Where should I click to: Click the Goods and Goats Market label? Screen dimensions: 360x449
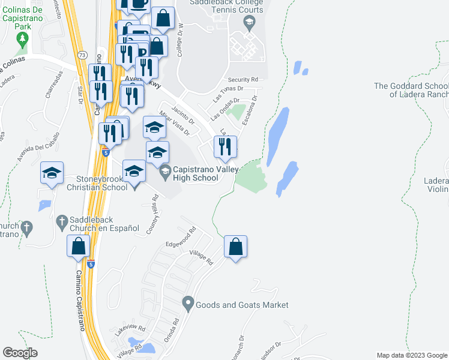[x=242, y=305]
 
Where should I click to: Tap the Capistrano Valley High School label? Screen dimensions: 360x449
[x=196, y=174]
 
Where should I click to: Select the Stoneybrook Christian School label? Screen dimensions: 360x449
[x=102, y=183]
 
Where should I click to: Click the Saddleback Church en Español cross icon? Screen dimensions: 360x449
[x=61, y=222]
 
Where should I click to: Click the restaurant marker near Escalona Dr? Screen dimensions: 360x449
[x=225, y=148]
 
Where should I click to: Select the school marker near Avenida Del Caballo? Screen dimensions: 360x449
[x=52, y=173]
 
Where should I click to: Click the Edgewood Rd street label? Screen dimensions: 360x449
[x=181, y=236]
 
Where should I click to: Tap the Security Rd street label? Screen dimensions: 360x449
[x=243, y=79]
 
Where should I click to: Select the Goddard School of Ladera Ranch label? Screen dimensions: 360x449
[x=411, y=90]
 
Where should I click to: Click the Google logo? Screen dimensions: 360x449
[x=20, y=353]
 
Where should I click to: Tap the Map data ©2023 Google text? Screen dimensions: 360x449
[x=412, y=355]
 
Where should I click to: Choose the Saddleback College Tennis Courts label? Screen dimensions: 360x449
[x=226, y=6]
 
